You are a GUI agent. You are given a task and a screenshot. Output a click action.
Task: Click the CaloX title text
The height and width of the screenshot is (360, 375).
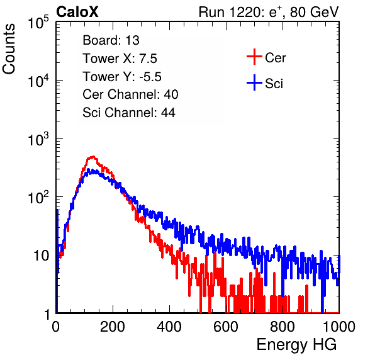[x=77, y=12]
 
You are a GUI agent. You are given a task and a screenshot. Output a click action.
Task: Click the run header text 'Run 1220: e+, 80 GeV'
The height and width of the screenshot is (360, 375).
[x=269, y=12]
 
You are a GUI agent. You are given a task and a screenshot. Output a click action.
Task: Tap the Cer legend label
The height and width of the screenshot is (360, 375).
[x=275, y=58]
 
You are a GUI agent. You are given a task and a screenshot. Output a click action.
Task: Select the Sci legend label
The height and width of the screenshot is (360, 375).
[x=274, y=84]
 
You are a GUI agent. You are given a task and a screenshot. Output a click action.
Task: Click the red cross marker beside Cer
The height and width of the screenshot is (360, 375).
[x=254, y=57]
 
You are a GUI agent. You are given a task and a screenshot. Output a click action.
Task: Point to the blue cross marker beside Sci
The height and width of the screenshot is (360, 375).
[x=254, y=82]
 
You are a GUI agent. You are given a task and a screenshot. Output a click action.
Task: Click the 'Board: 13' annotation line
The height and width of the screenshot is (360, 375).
[x=111, y=40]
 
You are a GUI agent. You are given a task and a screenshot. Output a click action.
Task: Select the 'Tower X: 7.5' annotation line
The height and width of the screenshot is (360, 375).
[x=120, y=59]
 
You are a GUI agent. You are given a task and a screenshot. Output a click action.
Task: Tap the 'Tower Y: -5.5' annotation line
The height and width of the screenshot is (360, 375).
[x=122, y=77]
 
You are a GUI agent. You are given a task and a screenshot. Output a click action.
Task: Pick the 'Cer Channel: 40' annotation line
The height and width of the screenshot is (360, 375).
[x=130, y=94]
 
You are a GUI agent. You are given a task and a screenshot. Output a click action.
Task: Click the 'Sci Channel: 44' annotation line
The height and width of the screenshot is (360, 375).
[x=129, y=113]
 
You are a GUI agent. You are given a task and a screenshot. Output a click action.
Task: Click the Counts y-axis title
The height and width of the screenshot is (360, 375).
[x=9, y=49]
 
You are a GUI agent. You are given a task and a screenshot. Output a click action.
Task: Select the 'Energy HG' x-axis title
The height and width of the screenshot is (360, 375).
[x=296, y=345]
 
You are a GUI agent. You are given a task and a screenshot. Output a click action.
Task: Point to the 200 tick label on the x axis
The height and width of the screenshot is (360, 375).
[x=113, y=327]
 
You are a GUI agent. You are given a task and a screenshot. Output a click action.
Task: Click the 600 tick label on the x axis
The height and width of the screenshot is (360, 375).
[x=226, y=327]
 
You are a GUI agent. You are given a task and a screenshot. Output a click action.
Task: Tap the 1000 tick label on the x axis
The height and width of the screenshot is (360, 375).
[x=339, y=327]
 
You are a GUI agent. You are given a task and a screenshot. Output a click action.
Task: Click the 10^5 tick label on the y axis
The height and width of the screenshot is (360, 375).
[x=38, y=22]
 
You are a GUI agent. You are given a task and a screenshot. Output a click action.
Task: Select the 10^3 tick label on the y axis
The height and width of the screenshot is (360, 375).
[x=38, y=138]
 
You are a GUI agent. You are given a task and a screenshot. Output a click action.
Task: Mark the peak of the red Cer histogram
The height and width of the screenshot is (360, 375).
[x=92, y=157]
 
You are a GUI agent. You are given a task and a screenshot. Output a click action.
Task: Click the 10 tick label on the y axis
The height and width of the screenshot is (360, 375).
[x=42, y=256]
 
